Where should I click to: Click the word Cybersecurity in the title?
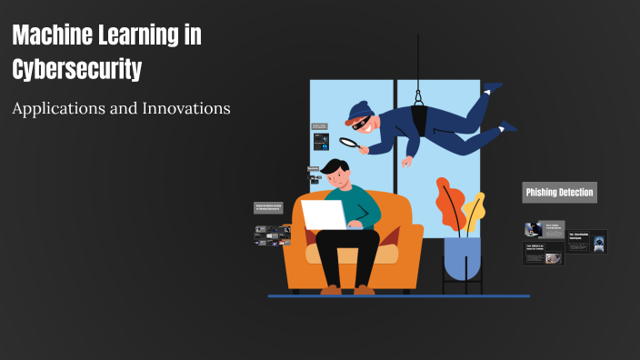coord(77,68)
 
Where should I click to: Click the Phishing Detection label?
coord(559,192)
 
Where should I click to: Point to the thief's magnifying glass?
coord(348,142)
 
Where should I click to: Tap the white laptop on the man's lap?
coord(324,215)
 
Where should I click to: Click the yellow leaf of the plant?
coord(474,211)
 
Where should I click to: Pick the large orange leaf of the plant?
coord(449,202)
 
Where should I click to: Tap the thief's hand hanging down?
coord(407,161)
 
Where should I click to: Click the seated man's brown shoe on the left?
coord(331,289)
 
